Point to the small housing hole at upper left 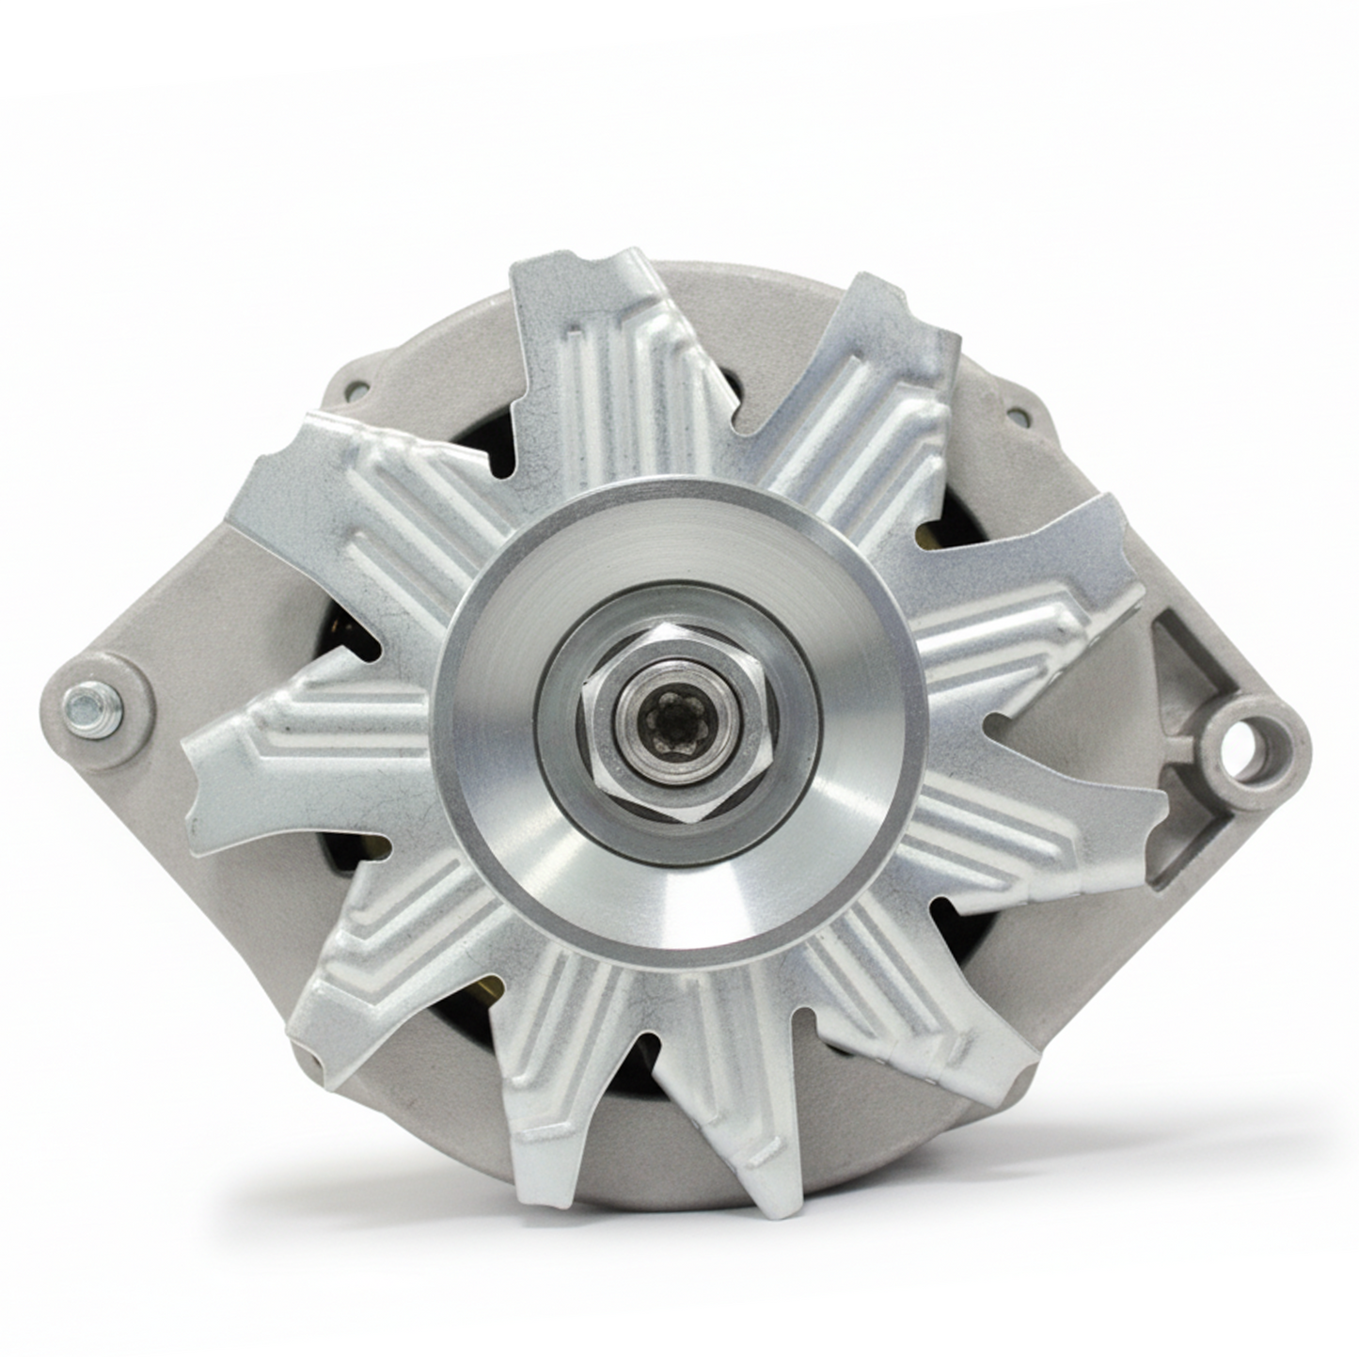tap(355, 387)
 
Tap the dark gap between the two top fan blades tap(743, 395)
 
